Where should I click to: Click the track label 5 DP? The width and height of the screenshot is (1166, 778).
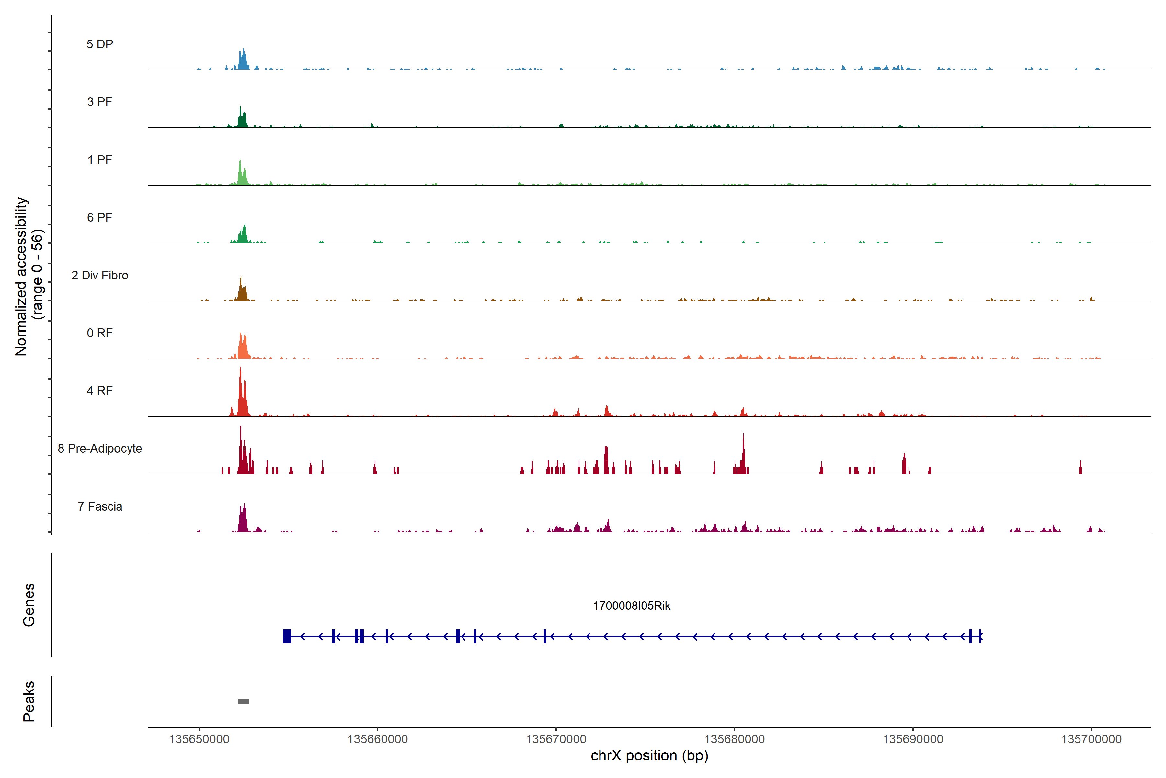[100, 44]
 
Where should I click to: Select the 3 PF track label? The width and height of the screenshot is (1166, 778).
[100, 102]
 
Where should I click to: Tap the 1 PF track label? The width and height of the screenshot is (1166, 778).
[100, 160]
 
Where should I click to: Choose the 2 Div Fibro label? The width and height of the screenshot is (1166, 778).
[100, 275]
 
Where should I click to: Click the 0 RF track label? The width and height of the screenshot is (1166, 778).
[100, 333]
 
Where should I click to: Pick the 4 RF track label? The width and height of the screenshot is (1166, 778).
[100, 391]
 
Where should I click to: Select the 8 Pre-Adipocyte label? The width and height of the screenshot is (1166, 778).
[100, 449]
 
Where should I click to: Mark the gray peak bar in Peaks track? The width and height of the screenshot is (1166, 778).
[243, 701]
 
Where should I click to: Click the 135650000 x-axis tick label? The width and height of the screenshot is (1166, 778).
[199, 739]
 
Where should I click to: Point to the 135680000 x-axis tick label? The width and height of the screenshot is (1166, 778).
[734, 739]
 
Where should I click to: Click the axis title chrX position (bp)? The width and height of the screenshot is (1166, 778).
[649, 756]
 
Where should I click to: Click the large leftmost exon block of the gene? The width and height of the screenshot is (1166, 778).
[287, 636]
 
